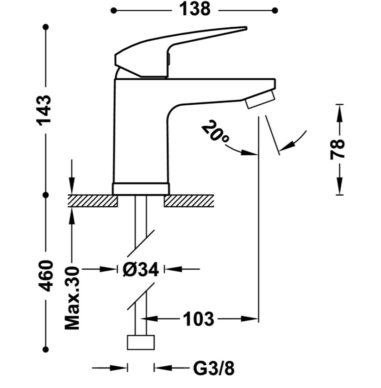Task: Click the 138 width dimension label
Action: pos(194,9)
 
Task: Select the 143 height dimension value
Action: pos(44,110)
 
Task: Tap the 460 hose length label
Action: pos(46,276)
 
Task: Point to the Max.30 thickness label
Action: pos(72,298)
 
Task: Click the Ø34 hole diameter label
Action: pos(140,269)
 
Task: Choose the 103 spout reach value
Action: pos(199,319)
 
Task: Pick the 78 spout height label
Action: pos(337,150)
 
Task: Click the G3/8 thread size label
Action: pos(214,369)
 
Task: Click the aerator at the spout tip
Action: pos(260,99)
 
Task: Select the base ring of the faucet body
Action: pos(141,189)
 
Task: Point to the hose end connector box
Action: pos(141,343)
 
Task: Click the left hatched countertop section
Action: pos(93,201)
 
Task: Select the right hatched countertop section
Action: pos(189,201)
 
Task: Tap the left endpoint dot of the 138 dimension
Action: pos(113,10)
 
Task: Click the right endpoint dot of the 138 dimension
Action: pos(275,10)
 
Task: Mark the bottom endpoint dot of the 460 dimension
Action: pos(45,350)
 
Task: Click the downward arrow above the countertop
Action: pos(72,177)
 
